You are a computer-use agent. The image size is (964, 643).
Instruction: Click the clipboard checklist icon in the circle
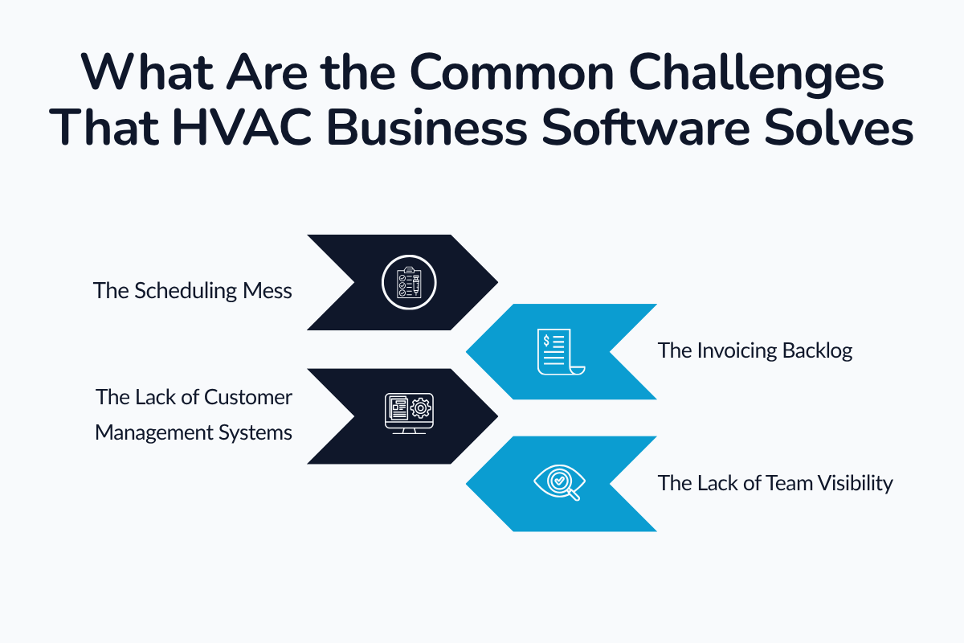pos(408,282)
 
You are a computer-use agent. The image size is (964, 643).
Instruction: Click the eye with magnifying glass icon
pos(560,483)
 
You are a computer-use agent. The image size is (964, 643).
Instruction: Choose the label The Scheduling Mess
pos(193,290)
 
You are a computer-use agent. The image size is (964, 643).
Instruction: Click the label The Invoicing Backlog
pos(755,350)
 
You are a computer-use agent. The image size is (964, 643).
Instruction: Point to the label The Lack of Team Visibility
pos(775,483)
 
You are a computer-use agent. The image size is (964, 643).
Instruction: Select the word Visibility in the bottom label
pos(854,483)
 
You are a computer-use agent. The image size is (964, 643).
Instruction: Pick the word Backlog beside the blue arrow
pos(818,350)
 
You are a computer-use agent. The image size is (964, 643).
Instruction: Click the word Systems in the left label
pos(259,433)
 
